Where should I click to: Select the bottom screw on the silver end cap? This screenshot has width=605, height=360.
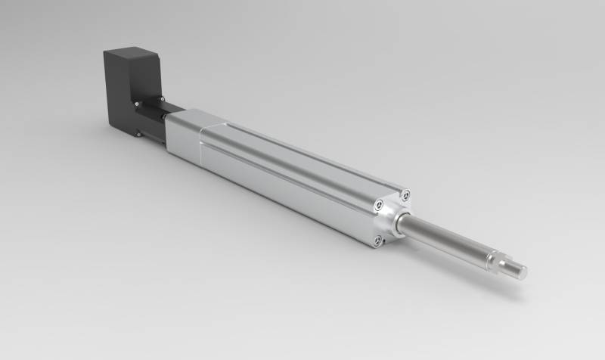(378, 241)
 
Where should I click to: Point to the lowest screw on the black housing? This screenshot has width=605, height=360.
(138, 134)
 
